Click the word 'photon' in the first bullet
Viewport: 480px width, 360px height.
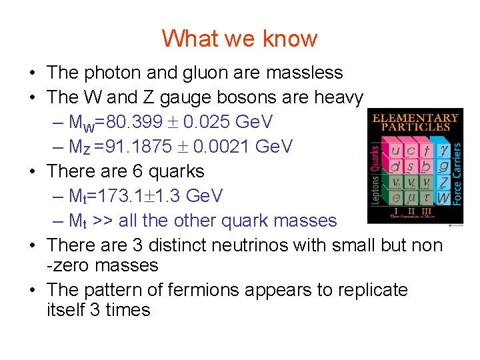pyautogui.click(x=113, y=73)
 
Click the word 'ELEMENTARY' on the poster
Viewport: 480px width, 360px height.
pyautogui.click(x=415, y=118)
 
